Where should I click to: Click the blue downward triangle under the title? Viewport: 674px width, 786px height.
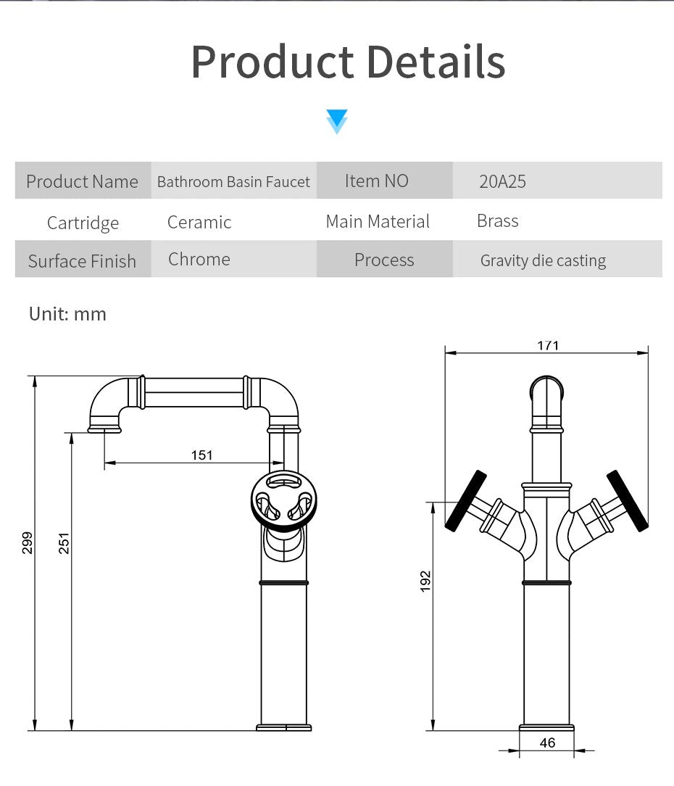tap(337, 121)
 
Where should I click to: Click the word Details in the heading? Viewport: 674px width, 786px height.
tap(436, 62)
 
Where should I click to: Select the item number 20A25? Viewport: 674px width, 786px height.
tap(502, 181)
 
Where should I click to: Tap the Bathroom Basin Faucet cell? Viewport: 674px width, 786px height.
tap(233, 181)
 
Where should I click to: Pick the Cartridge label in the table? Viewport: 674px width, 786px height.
tap(83, 223)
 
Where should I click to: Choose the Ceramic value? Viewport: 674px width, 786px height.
tap(199, 222)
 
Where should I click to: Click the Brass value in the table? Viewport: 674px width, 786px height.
tap(498, 220)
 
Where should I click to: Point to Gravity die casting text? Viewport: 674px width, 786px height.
tap(544, 260)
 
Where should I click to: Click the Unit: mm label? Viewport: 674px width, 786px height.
tap(67, 314)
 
